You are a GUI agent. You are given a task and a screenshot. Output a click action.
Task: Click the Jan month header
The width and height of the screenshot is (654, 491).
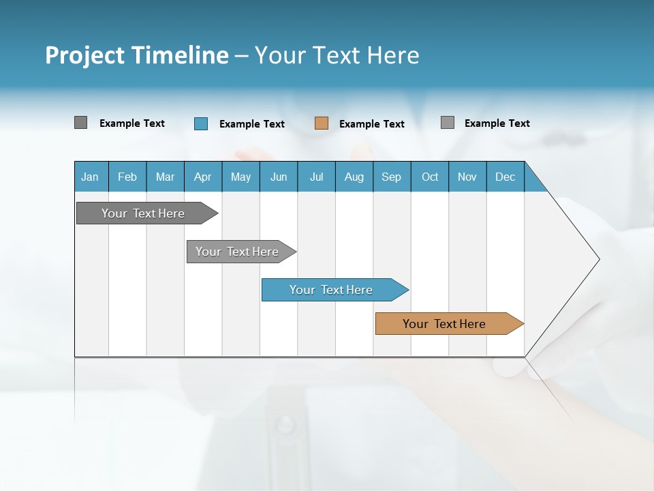[x=90, y=177]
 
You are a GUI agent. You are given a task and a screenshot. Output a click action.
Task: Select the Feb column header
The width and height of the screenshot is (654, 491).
[x=127, y=177]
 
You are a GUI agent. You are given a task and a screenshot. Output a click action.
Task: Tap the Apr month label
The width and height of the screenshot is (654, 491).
[x=202, y=177]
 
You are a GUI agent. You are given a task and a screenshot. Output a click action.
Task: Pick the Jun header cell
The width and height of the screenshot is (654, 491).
[x=279, y=177]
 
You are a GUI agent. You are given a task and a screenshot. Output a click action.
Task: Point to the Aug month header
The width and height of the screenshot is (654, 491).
[x=354, y=177]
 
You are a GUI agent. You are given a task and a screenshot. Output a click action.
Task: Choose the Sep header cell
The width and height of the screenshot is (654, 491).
[x=391, y=177]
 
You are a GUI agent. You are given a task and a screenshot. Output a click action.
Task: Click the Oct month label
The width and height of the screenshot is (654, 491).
[x=430, y=177]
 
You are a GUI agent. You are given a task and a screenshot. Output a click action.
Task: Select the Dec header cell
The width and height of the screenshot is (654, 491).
[x=505, y=177]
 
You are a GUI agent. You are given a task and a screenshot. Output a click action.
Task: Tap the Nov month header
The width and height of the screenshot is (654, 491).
[x=467, y=177]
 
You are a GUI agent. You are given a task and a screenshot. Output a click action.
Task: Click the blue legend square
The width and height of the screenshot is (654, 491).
[x=200, y=123]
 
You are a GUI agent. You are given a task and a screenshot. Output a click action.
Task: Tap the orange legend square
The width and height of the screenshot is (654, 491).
[x=322, y=123]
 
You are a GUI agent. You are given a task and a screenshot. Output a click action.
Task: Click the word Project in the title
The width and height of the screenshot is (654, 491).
[x=84, y=55]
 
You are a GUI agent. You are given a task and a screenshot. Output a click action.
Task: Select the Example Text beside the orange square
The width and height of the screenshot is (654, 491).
[x=372, y=124]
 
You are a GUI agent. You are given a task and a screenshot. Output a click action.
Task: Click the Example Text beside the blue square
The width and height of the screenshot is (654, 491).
[x=252, y=124]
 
